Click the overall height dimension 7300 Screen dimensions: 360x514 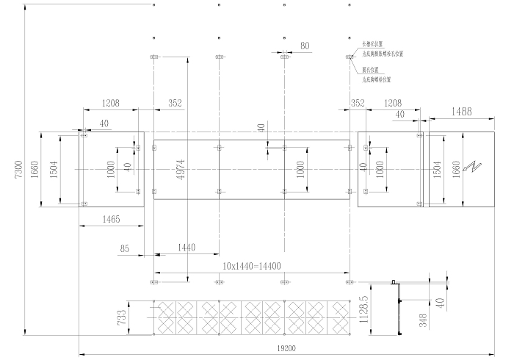(20, 170)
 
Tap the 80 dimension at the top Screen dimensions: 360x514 (305, 46)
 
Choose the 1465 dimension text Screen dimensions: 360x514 (112, 220)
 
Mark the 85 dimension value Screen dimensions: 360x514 (125, 249)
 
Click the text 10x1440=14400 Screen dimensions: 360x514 (253, 266)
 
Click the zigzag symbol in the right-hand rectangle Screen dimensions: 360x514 (476, 167)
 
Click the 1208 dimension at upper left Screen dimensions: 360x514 (110, 104)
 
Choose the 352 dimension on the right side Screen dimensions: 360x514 (358, 104)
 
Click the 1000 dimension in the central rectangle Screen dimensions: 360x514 (300, 169)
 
